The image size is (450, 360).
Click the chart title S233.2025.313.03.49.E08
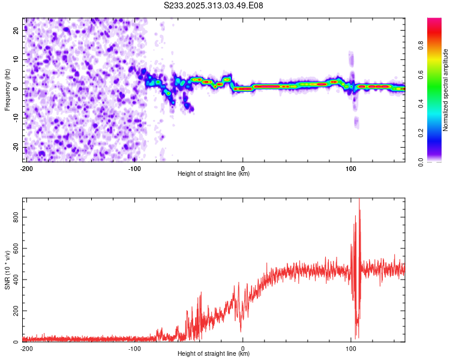point(214,5)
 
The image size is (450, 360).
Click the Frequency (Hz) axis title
point(7,90)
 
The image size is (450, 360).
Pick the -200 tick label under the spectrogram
point(26,169)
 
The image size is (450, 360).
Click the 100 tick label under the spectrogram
point(351,169)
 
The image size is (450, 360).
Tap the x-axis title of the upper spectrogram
point(214,174)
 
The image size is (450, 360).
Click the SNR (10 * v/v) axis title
point(7,270)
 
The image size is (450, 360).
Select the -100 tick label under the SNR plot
point(134,349)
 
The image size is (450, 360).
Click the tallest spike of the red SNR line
point(359,200)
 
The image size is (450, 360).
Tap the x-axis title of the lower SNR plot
point(214,354)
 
